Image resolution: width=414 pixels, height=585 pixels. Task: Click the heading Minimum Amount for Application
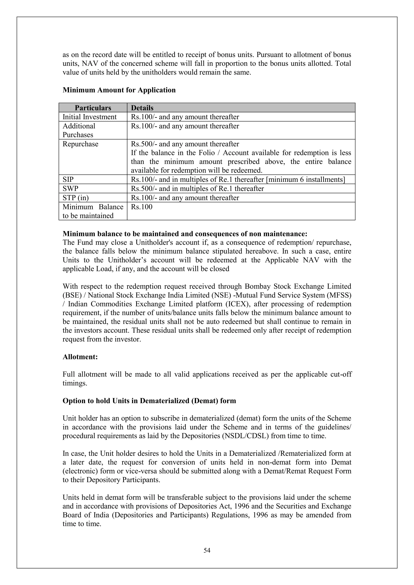click(x=119, y=90)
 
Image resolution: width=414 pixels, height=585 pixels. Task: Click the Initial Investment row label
click(x=90, y=117)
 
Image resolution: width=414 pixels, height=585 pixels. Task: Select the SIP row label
click(x=68, y=179)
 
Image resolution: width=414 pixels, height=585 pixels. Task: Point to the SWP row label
click(x=70, y=189)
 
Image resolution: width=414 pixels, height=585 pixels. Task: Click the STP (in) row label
click(x=76, y=198)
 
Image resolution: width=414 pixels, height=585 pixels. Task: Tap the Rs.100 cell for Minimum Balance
click(x=142, y=207)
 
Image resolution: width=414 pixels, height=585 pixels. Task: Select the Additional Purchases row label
click(x=79, y=130)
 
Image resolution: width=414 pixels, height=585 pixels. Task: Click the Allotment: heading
click(x=80, y=357)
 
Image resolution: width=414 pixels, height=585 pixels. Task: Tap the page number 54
click(x=207, y=550)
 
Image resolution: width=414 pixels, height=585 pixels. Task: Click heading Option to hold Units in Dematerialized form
click(x=149, y=401)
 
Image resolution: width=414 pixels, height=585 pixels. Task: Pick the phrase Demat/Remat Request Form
click(x=307, y=471)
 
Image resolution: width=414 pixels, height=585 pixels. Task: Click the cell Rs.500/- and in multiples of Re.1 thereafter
click(x=197, y=189)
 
